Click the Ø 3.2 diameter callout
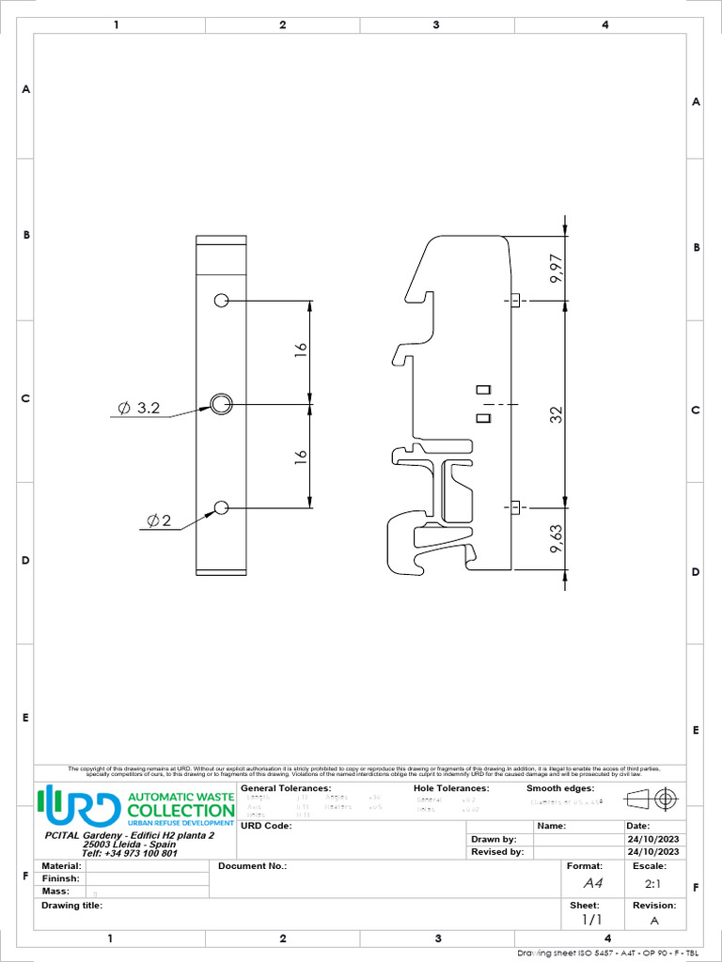coord(139,409)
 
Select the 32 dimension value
coord(557,413)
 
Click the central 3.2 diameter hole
coord(221,404)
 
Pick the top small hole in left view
coord(221,301)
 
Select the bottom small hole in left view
coord(221,507)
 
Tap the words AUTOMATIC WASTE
coord(180,797)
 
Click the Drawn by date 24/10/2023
coord(652,839)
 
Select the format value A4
coord(592,883)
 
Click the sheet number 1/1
coord(590,920)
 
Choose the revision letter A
coord(654,920)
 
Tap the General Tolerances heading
coord(286,788)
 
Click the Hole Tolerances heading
coord(451,788)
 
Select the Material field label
coord(61,865)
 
